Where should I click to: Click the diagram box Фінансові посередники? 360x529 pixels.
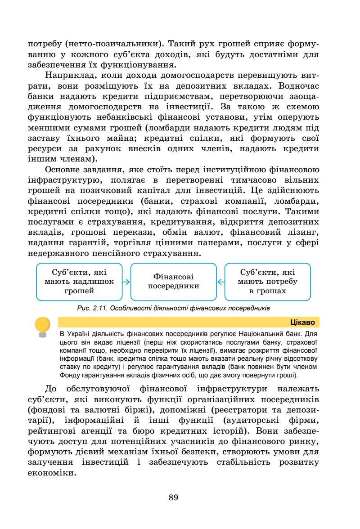[174, 282]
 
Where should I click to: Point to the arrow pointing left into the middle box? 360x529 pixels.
[220, 282]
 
